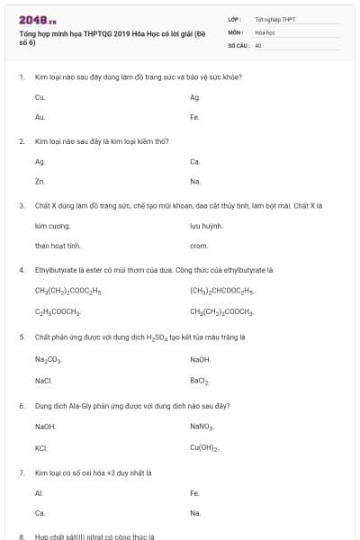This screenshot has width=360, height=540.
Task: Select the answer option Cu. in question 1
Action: point(40,97)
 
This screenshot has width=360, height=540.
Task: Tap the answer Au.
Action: point(40,117)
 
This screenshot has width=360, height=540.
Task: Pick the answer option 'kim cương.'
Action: point(51,226)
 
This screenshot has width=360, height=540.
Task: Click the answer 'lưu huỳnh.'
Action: point(206,226)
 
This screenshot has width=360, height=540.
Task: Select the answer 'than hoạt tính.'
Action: point(58,246)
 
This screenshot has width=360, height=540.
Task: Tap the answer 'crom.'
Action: point(199,246)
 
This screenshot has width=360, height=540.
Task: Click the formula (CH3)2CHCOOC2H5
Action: point(222,292)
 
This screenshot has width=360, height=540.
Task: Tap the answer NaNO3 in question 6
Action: point(202,427)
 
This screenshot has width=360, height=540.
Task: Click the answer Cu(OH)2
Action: point(205,447)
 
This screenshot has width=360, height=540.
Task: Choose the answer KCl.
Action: point(41,447)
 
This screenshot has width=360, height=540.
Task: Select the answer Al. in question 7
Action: point(39,492)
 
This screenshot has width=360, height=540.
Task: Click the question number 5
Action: point(22,337)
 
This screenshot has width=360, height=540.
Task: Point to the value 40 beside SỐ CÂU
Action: point(258,44)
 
